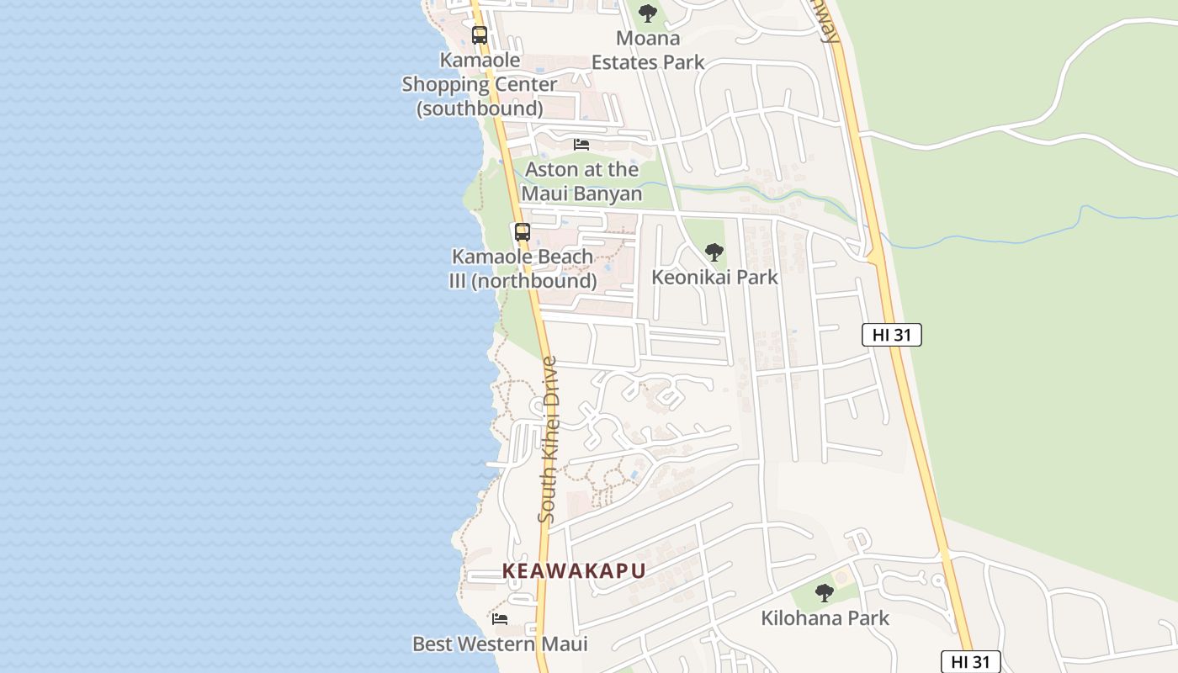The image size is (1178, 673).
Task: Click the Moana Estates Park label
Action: [648, 50]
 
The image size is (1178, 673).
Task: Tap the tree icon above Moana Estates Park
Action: [647, 13]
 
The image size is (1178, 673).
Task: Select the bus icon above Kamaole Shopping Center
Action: [480, 35]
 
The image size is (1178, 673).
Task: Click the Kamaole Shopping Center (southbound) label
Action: [479, 84]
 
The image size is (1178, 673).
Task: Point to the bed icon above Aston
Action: [581, 144]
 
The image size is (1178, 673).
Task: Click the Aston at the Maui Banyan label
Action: [581, 182]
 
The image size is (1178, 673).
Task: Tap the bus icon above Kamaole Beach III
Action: [523, 232]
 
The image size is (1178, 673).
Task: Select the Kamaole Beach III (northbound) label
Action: [523, 268]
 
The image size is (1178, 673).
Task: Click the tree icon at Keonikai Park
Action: [714, 252]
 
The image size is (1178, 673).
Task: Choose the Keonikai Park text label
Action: [714, 277]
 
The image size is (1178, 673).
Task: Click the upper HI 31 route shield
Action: [892, 335]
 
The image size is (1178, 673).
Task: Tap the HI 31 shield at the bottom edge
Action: [970, 662]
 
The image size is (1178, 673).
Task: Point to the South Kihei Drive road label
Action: [549, 439]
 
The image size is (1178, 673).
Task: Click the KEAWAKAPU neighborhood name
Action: [574, 570]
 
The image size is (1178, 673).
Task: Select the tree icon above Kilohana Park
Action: [825, 592]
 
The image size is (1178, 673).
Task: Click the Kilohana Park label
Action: [825, 618]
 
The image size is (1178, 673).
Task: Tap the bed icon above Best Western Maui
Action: [500, 619]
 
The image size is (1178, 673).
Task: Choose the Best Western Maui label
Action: [500, 644]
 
